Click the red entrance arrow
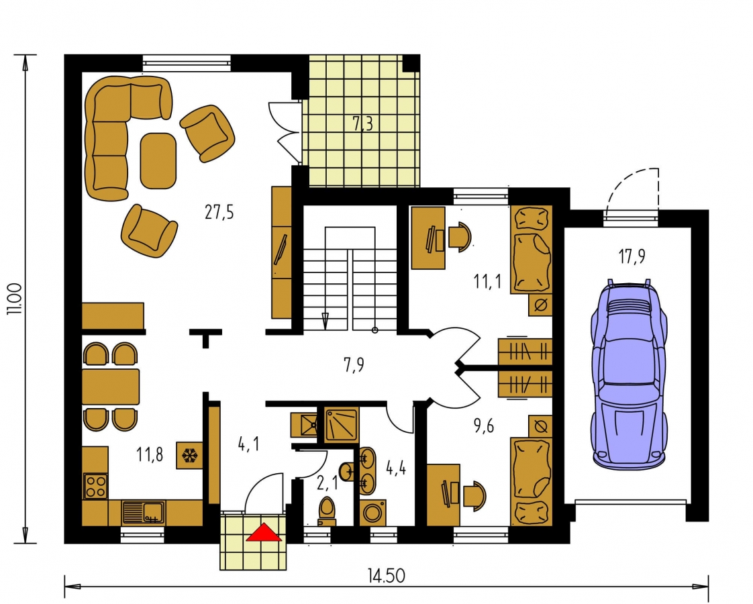point(264,532)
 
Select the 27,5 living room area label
point(219,212)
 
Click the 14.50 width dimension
point(386,575)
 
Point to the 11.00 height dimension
point(14,299)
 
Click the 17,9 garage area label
point(632,256)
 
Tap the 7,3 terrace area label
point(363,124)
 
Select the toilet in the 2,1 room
point(327,511)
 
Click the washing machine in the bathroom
point(372,513)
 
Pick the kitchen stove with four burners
point(95,486)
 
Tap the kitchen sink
point(143,512)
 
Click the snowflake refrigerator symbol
point(189,456)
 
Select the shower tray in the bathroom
point(341,425)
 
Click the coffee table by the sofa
point(158,161)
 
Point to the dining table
point(111,387)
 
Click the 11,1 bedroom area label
point(487,281)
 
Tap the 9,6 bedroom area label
point(483,425)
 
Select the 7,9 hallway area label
point(354,365)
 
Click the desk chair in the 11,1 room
point(460,236)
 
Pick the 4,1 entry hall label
point(249,444)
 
